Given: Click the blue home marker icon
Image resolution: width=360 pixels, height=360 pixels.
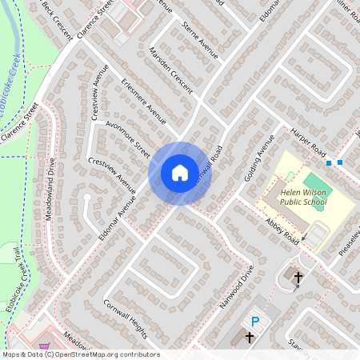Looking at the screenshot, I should click(180, 172).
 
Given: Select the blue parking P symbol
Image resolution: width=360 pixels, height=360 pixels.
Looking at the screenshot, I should click(255, 322).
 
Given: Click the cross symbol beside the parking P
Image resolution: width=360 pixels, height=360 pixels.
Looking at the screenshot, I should click(248, 338).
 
